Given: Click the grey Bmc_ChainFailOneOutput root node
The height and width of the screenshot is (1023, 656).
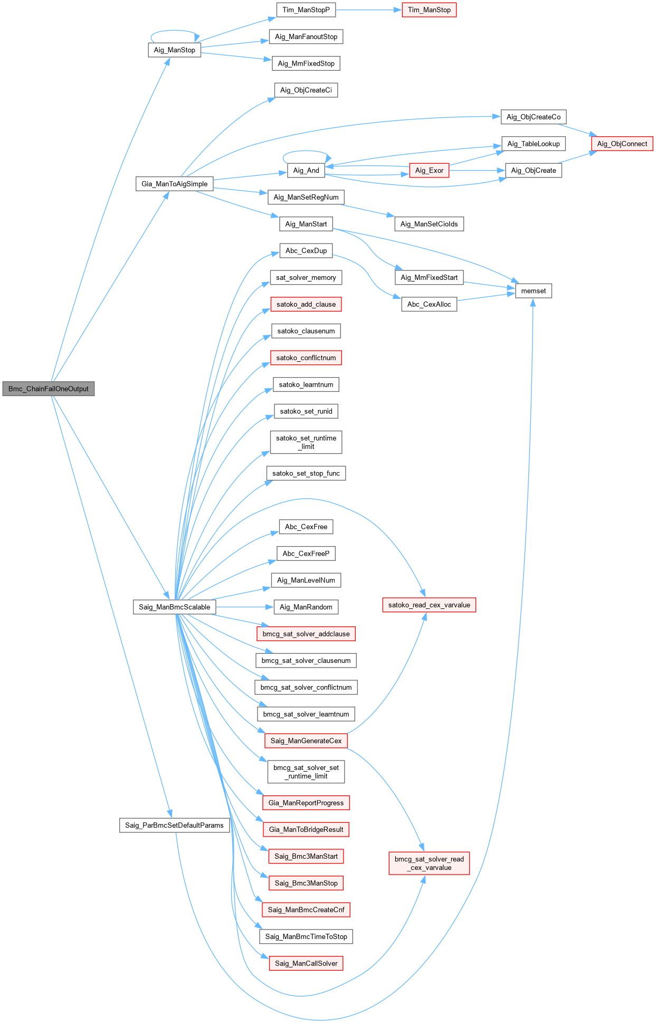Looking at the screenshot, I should click(x=49, y=389).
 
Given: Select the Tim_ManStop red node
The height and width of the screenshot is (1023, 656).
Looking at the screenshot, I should click(x=429, y=10).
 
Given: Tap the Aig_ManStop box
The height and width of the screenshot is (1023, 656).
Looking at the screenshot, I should click(x=174, y=50).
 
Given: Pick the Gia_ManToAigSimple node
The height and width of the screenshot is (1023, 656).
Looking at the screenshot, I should click(x=174, y=184).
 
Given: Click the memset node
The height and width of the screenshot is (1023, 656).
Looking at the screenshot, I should click(x=533, y=291).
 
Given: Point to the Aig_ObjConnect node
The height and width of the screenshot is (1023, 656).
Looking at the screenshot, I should click(x=622, y=144).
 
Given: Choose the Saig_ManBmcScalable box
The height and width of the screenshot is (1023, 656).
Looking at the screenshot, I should click(x=174, y=607).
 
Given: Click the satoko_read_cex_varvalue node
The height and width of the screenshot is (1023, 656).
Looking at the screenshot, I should click(x=429, y=605).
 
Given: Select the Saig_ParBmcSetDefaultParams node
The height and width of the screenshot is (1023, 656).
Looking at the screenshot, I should click(x=174, y=825).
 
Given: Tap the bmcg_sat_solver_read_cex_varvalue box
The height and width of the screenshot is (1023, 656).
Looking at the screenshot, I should click(x=429, y=863).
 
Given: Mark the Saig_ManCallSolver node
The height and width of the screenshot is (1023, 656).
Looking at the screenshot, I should click(x=306, y=963).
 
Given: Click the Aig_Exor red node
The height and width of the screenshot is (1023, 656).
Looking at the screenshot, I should click(x=429, y=171).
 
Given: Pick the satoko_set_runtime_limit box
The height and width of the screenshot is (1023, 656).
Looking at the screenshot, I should click(x=306, y=442).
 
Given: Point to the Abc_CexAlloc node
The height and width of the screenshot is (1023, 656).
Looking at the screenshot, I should click(x=429, y=304).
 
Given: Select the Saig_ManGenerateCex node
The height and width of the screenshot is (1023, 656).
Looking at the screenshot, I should click(x=306, y=740).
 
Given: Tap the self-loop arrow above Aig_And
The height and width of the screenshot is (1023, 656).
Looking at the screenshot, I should click(x=306, y=153).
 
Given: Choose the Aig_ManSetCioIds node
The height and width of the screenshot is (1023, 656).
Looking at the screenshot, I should click(x=429, y=224).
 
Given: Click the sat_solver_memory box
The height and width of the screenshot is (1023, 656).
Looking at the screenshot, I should click(x=306, y=277).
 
